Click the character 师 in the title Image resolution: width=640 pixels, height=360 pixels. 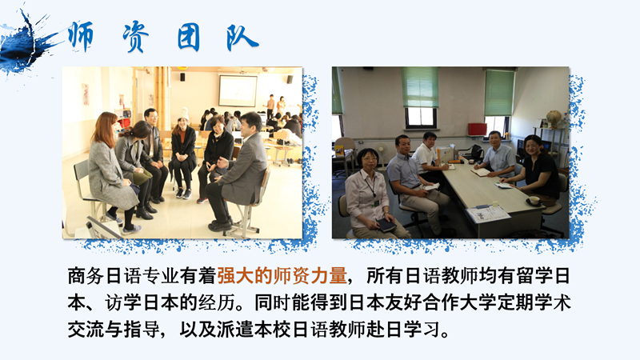(x=81, y=36)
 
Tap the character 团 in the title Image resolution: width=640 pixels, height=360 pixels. (x=189, y=38)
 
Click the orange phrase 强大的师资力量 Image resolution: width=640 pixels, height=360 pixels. (x=282, y=276)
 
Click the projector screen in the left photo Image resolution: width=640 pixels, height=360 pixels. (x=238, y=90)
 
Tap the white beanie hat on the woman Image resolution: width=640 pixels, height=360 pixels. (x=183, y=114)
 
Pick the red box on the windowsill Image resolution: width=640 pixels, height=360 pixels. (x=477, y=129)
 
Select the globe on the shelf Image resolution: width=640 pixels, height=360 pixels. (x=554, y=118)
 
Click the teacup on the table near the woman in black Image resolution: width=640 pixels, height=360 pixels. (x=534, y=200)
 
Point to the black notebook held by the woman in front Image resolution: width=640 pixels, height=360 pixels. (x=386, y=224)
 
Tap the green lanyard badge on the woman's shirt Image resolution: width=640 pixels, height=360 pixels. (x=377, y=202)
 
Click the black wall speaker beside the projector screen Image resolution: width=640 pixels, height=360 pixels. (x=290, y=79)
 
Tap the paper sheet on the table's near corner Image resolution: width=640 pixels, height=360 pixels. (x=488, y=213)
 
